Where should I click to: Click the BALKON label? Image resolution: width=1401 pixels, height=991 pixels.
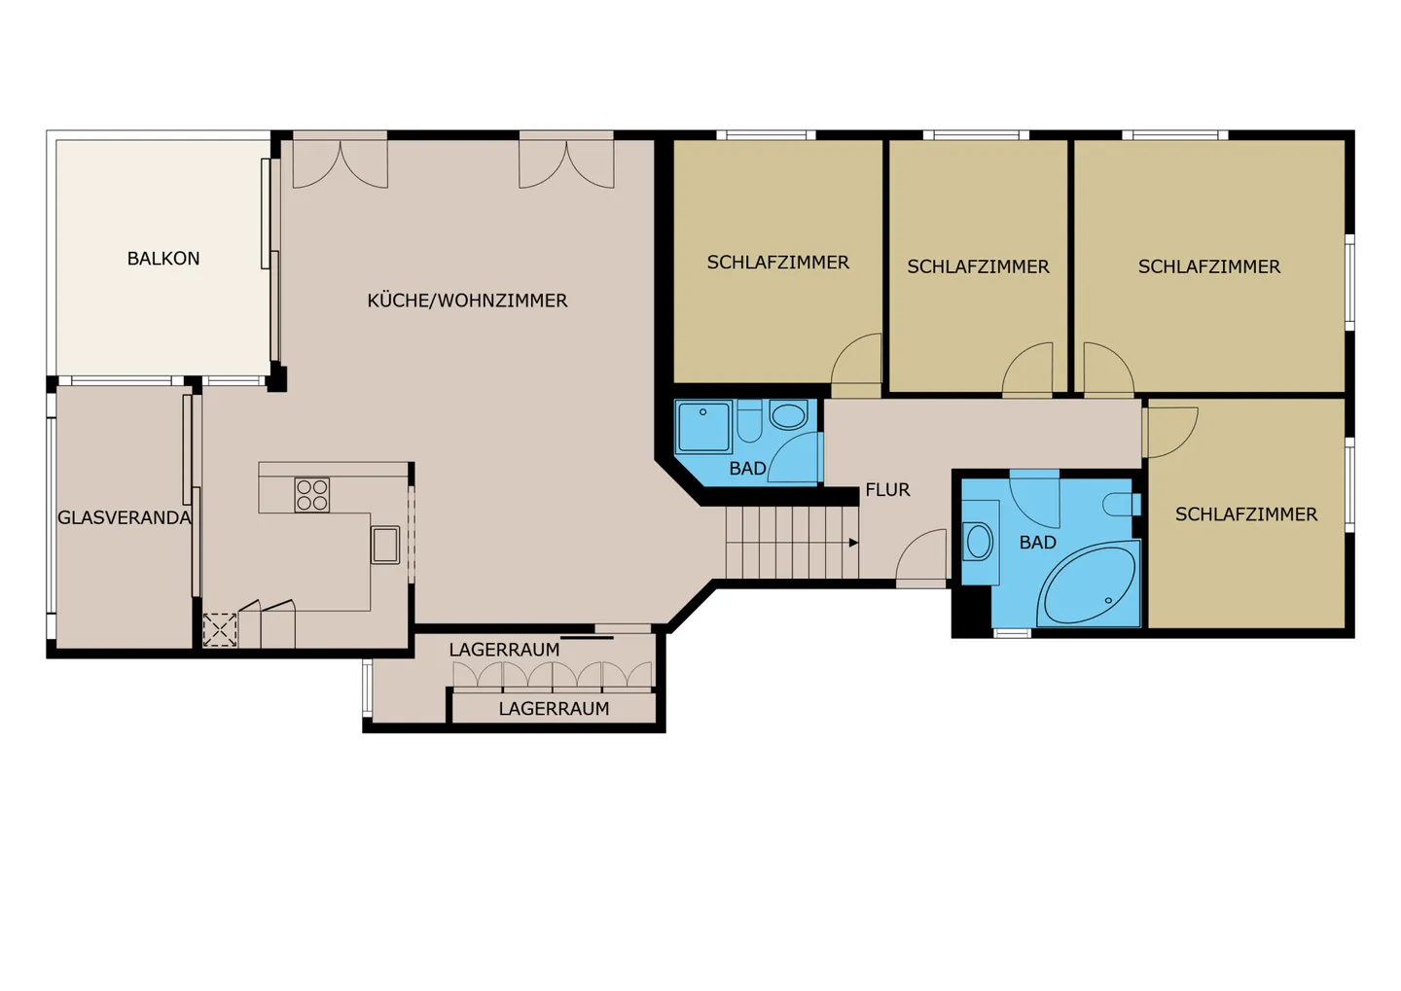pos(163,259)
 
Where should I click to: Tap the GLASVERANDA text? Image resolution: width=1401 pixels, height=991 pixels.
pos(124,517)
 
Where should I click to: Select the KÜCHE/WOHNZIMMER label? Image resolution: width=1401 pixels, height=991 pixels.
pos(467,301)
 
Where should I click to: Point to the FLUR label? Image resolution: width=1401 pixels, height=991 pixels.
pos(887,490)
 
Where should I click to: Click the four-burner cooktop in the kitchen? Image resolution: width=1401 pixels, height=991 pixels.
pos(312,495)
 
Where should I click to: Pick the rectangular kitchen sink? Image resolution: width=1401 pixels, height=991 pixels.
pos(385,545)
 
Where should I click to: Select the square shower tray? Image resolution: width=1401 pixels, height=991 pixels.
pos(702,427)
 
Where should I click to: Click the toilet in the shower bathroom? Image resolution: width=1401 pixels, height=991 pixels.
pos(749,421)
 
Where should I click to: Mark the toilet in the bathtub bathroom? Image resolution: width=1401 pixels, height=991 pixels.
pos(1122,505)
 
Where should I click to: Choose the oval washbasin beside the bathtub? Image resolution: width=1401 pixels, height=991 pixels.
pos(979,542)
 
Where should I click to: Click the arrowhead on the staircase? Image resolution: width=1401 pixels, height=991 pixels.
pos(853,543)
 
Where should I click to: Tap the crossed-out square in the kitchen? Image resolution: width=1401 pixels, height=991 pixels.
pos(220,629)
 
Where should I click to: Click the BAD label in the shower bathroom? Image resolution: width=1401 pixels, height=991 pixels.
pos(747,469)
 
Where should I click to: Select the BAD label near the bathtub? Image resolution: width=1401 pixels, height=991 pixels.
pos(1037,543)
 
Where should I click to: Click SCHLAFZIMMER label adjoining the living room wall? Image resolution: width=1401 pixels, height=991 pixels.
pos(777,263)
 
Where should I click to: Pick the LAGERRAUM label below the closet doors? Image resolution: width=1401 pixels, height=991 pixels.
pos(554,709)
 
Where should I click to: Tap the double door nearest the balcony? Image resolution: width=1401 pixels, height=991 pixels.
pos(341,163)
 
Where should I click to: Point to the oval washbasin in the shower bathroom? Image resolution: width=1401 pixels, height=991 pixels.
pos(788,416)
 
